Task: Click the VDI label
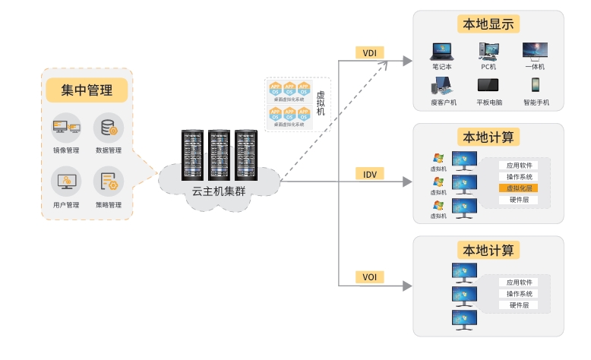coord(370,52)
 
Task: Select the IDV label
coord(370,174)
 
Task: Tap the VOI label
coord(370,277)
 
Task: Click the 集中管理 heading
coord(87,90)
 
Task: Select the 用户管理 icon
coord(66,182)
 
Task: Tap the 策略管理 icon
coord(109,182)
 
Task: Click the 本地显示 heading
coord(488,24)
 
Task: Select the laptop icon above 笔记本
coord(441,52)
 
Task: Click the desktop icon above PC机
coord(488,51)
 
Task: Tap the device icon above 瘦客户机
coord(443,85)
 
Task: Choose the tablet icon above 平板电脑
coord(488,85)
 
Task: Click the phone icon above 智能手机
coord(536,85)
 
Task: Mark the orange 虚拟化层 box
coord(519,188)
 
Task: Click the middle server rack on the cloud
coord(219,155)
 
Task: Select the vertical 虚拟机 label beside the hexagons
coord(320,103)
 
